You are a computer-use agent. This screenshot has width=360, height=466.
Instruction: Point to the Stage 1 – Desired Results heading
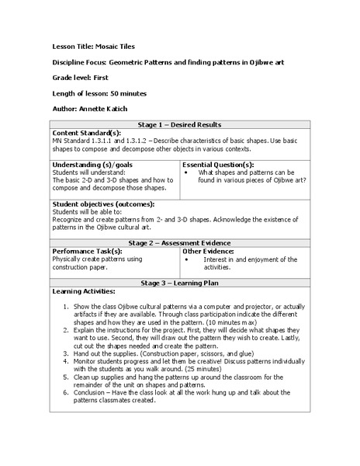coord(178,124)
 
